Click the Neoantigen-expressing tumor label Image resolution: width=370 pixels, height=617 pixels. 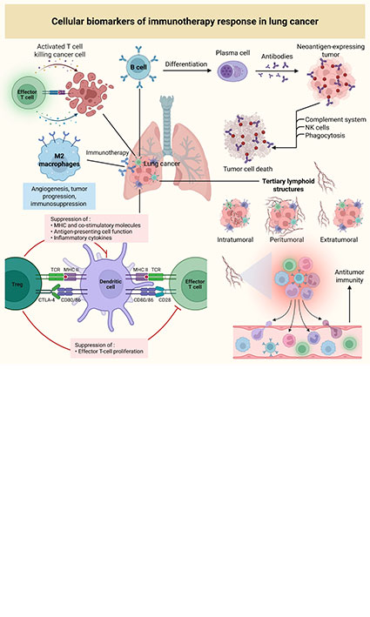(328, 53)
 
